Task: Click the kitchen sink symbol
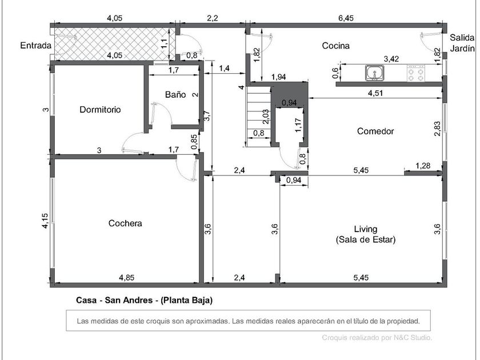click(374, 73)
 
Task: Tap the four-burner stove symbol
click(416, 73)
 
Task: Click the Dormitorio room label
click(100, 110)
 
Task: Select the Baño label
click(175, 94)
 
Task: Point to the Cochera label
click(125, 223)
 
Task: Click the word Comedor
click(375, 131)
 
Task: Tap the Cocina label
click(336, 46)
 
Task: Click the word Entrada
click(36, 46)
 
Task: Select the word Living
click(366, 229)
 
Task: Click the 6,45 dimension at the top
click(346, 18)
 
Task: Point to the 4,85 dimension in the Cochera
click(127, 278)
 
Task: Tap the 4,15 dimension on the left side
click(45, 221)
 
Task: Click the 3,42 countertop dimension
click(391, 59)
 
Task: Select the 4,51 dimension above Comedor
click(375, 93)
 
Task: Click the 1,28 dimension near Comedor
click(423, 166)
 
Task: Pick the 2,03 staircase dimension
click(266, 117)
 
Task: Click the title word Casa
click(86, 301)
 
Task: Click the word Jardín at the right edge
click(462, 49)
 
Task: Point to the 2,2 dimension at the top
click(213, 18)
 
